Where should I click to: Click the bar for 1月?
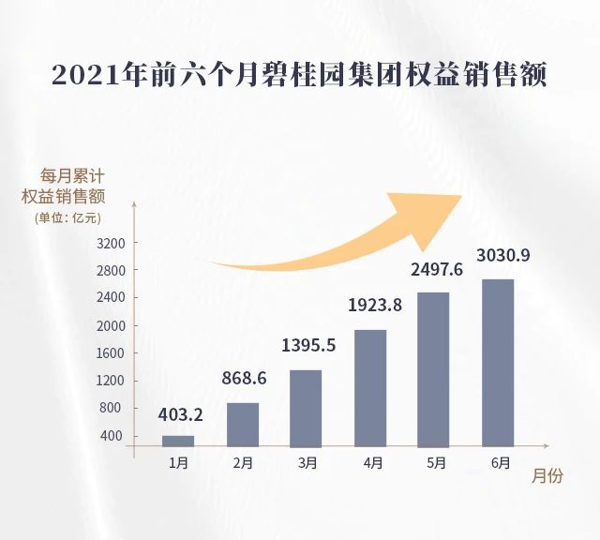point(178,441)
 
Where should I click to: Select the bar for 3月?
point(307,408)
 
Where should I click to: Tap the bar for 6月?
point(498,363)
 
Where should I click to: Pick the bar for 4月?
point(370,388)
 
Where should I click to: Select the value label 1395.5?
point(307,345)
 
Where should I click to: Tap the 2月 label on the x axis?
point(243,462)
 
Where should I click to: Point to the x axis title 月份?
point(547,476)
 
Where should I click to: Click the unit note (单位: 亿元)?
point(67,218)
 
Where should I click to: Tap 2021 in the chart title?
point(86,75)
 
